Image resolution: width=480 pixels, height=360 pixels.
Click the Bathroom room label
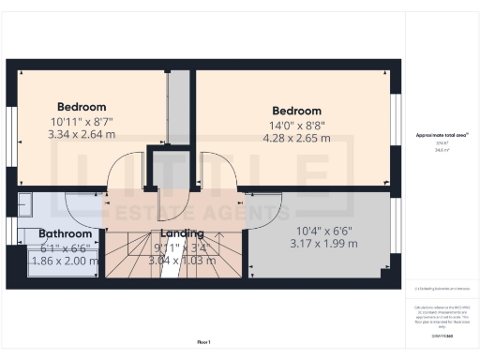(66, 233)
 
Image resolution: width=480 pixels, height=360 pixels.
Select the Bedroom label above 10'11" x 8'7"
(82, 107)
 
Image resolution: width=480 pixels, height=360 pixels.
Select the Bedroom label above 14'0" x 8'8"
(296, 111)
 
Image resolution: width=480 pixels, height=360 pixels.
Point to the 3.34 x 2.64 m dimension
(82, 134)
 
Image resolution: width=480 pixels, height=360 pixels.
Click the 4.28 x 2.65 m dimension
(296, 138)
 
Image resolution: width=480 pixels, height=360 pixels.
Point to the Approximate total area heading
(442, 135)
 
